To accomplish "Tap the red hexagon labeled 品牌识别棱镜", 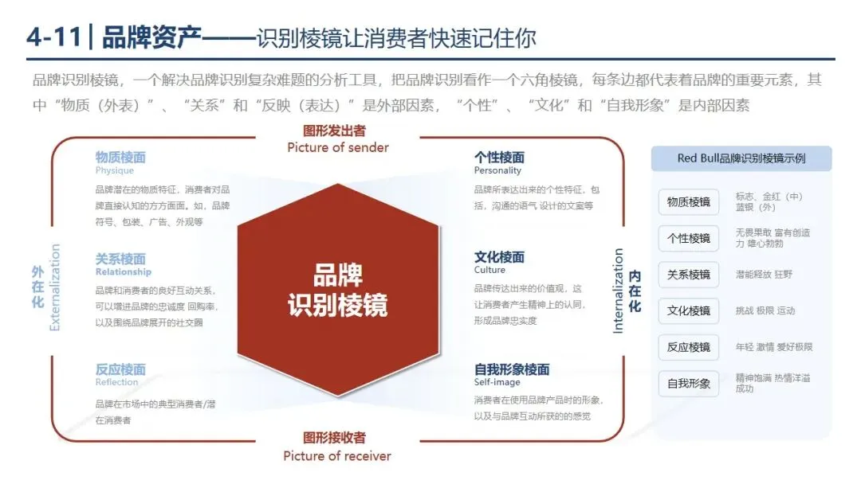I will click(337, 290).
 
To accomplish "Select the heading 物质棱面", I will click(120, 157).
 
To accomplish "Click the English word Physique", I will click(115, 170).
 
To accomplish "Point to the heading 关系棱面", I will click(120, 259).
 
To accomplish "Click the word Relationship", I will click(123, 272).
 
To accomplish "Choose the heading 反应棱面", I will click(120, 369).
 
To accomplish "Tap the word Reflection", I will click(116, 383).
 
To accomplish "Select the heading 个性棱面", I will click(499, 157).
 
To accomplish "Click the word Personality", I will click(497, 170).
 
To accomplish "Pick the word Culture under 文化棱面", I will click(489, 271).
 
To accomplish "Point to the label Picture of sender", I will click(338, 147).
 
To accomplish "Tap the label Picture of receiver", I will click(337, 456).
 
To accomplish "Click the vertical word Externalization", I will click(55, 287).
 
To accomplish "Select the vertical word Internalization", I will click(619, 291).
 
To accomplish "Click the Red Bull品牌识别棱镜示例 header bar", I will click(741, 158).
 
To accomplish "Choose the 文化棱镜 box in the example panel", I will click(688, 310).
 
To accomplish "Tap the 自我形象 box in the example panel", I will click(688, 383).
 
